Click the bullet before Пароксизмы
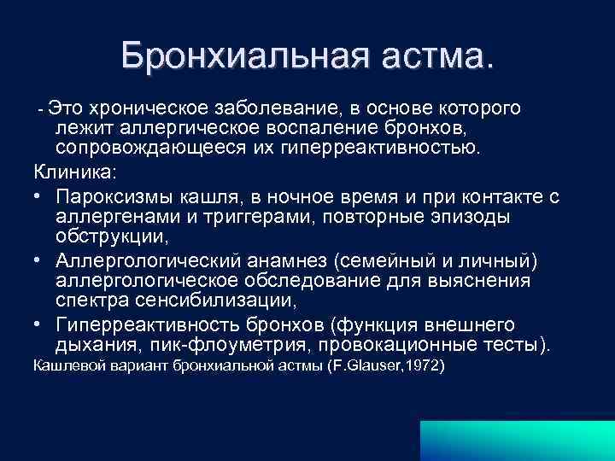(x=39, y=197)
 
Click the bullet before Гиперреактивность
(x=39, y=325)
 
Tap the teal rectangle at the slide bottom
(x=517, y=439)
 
